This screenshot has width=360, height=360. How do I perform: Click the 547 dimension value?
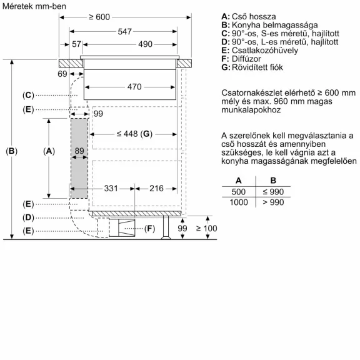coord(124,31)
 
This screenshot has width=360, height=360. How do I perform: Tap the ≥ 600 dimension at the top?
coord(99,17)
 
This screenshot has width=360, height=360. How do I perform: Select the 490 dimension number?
coord(145,44)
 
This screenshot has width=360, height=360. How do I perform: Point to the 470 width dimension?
coord(134,87)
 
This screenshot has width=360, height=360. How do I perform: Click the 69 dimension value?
coord(62,74)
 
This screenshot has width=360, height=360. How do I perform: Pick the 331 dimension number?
coord(111,189)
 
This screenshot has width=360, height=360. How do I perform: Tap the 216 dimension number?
coord(156,189)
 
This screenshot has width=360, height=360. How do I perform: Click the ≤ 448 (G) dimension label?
coord(134,134)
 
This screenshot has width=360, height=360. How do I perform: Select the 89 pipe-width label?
coord(79,151)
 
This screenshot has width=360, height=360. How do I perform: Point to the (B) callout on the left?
coord(11,151)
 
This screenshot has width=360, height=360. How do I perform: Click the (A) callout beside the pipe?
coord(49,151)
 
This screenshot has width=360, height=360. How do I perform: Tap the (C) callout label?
coord(28,95)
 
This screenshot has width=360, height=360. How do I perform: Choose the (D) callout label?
coord(28,217)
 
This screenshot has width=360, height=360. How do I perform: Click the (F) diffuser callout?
coord(150,229)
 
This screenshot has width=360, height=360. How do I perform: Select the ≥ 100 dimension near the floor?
coord(206,229)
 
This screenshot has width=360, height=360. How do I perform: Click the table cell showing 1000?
coord(239,202)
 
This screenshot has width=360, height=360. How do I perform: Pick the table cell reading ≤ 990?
coord(273,192)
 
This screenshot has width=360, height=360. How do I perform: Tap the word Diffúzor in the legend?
coord(246,59)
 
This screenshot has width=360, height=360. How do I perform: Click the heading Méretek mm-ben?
coord(34,6)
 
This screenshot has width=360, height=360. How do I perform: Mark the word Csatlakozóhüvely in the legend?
coord(265,51)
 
